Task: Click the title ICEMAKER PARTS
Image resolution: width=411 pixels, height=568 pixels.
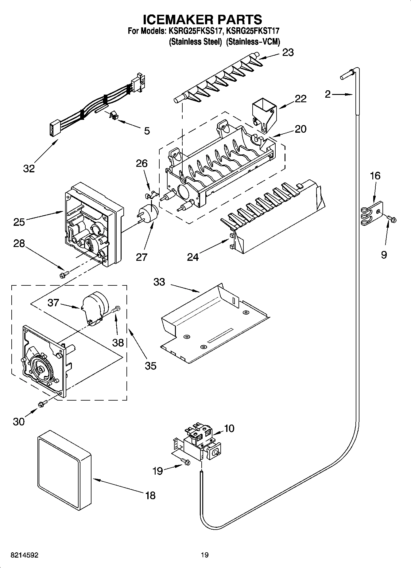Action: click(203, 19)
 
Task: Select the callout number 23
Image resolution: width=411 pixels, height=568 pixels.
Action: click(288, 53)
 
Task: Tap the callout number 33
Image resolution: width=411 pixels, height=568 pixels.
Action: click(159, 282)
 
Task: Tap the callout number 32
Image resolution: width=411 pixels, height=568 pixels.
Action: click(29, 168)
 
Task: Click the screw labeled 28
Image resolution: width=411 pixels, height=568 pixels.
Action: click(64, 273)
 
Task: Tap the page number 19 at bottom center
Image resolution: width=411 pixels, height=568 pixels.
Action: click(205, 555)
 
